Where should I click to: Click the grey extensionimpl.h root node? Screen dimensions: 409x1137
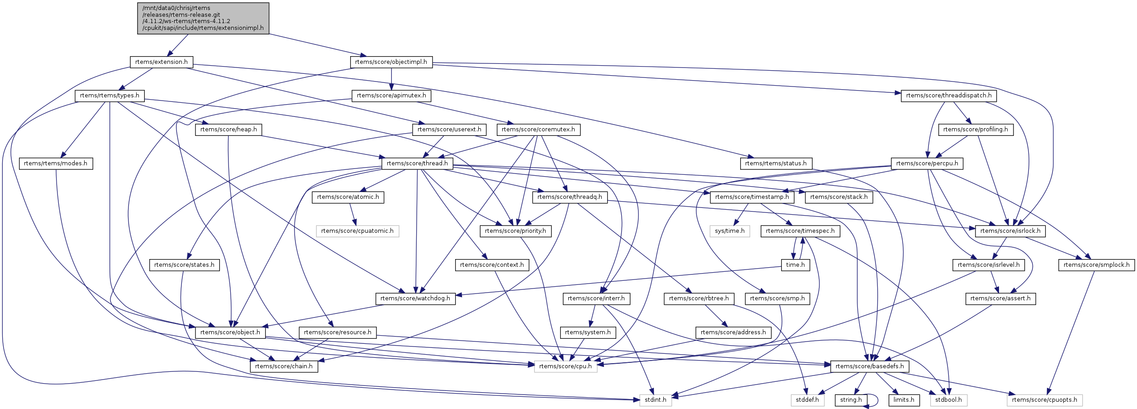tap(203, 18)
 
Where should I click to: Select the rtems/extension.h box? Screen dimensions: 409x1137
tap(161, 62)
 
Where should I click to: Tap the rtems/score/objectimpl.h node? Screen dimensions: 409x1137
tap(391, 62)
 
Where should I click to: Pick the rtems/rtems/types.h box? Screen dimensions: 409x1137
tap(109, 96)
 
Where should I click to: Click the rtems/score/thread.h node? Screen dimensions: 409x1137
tap(417, 164)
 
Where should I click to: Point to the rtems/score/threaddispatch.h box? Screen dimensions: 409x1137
tap(948, 96)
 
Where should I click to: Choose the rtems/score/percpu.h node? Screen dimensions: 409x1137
tap(927, 164)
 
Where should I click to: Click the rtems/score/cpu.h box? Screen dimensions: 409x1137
tap(566, 366)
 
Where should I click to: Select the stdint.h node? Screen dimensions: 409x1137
tap(655, 400)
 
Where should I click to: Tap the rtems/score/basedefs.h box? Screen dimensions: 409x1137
tap(870, 366)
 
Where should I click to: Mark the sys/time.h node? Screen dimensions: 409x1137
tap(730, 231)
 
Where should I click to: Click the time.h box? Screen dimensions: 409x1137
tap(795, 265)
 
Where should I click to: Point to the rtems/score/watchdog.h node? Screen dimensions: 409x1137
tap(415, 298)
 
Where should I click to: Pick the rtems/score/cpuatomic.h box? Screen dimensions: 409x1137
tap(357, 231)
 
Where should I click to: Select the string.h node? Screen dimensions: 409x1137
tap(851, 400)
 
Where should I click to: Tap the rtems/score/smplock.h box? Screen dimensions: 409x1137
tap(1096, 265)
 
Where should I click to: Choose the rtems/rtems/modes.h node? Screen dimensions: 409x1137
tap(56, 164)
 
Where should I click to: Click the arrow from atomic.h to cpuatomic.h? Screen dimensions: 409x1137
tap(353, 214)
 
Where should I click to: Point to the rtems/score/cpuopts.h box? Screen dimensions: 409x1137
tap(1045, 400)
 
